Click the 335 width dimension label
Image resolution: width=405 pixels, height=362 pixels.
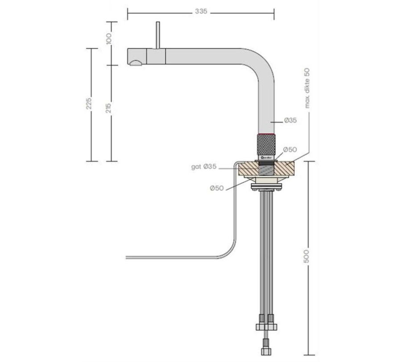(201, 12)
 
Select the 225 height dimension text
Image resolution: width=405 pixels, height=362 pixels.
(89, 104)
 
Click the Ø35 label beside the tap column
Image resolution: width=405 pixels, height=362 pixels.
(290, 121)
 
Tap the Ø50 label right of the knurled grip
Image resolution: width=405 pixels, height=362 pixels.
(290, 149)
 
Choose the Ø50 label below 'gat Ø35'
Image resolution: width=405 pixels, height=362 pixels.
(217, 188)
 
